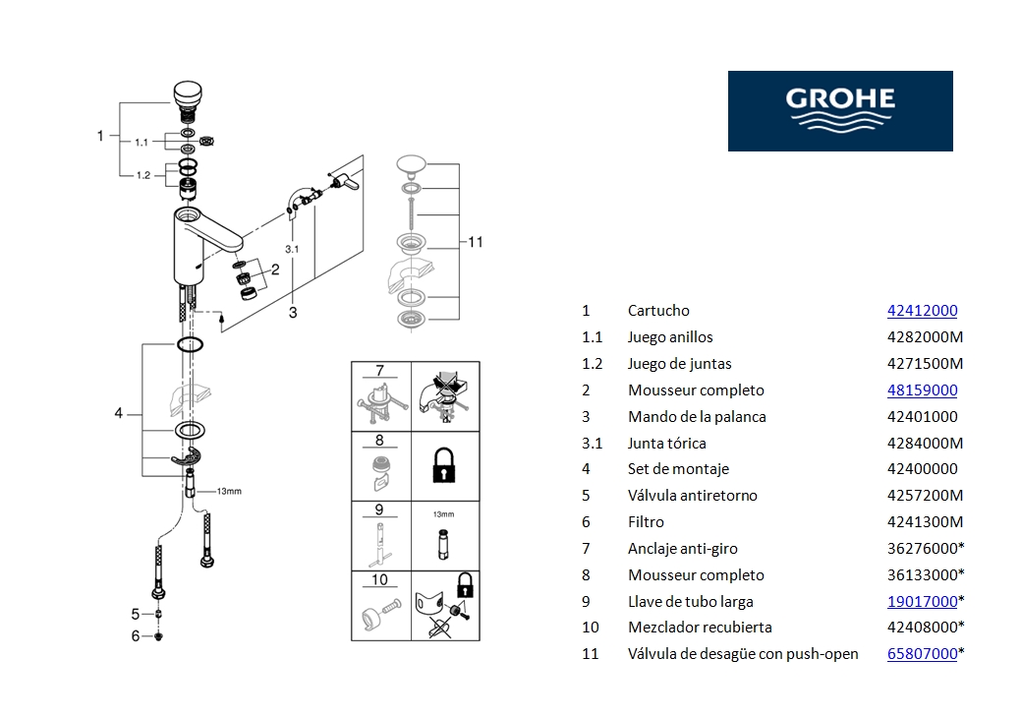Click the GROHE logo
click(x=840, y=110)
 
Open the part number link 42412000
click(x=922, y=311)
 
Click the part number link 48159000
click(x=922, y=390)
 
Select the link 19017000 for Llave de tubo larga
click(x=922, y=601)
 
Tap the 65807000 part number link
click(x=922, y=654)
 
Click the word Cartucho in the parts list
click(x=658, y=311)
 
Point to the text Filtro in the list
click(x=646, y=522)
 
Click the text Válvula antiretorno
click(x=692, y=496)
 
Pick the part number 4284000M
click(x=925, y=443)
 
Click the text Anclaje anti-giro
click(x=682, y=549)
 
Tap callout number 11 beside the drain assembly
click(x=476, y=242)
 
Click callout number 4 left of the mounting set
click(x=119, y=413)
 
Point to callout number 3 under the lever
click(x=293, y=313)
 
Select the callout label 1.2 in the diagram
click(x=142, y=175)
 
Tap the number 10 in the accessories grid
click(x=380, y=580)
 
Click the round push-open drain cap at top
click(x=413, y=163)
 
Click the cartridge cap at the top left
click(x=187, y=96)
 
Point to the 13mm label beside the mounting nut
click(x=228, y=491)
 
